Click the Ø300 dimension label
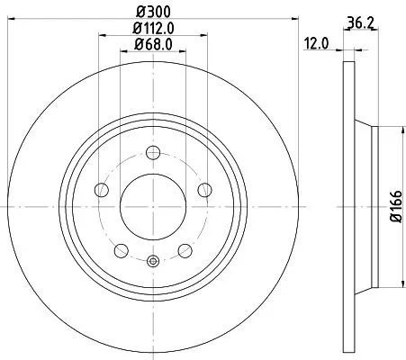pyautogui.click(x=152, y=12)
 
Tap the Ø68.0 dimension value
pyautogui.click(x=153, y=45)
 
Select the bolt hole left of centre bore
pyautogui.click(x=102, y=189)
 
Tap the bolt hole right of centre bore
pyautogui.click(x=205, y=189)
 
